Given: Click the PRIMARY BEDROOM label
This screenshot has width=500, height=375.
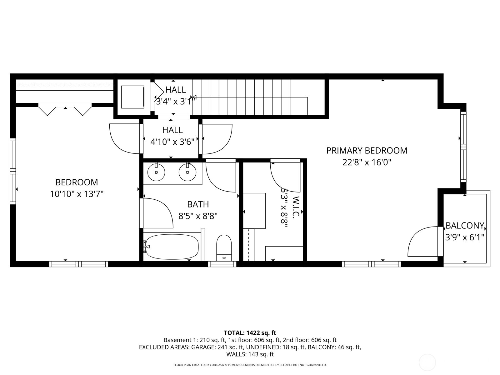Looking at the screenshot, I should (367, 151).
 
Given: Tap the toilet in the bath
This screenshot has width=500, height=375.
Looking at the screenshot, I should (224, 247).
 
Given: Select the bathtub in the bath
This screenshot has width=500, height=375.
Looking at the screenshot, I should (172, 247).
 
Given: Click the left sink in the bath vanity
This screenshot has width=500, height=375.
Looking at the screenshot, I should (156, 172).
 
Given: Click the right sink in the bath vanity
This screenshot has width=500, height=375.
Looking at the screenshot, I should (187, 172).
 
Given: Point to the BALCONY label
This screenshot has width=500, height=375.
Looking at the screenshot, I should (465, 226).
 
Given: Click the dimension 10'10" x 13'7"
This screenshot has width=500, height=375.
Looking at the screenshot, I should (77, 194).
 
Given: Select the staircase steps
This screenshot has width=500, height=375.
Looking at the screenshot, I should (250, 97).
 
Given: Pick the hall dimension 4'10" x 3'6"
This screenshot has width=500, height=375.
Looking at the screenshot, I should (172, 142).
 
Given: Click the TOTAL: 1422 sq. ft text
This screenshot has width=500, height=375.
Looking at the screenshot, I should (250, 333).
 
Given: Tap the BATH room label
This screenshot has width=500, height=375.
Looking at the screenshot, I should (198, 204).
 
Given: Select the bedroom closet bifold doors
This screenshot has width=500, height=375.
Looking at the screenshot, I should (65, 109).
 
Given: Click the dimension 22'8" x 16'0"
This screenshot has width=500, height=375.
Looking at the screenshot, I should (367, 162).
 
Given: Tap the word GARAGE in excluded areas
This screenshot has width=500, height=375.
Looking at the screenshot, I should (204, 347).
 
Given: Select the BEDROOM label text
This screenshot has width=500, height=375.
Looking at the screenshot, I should (77, 182).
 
